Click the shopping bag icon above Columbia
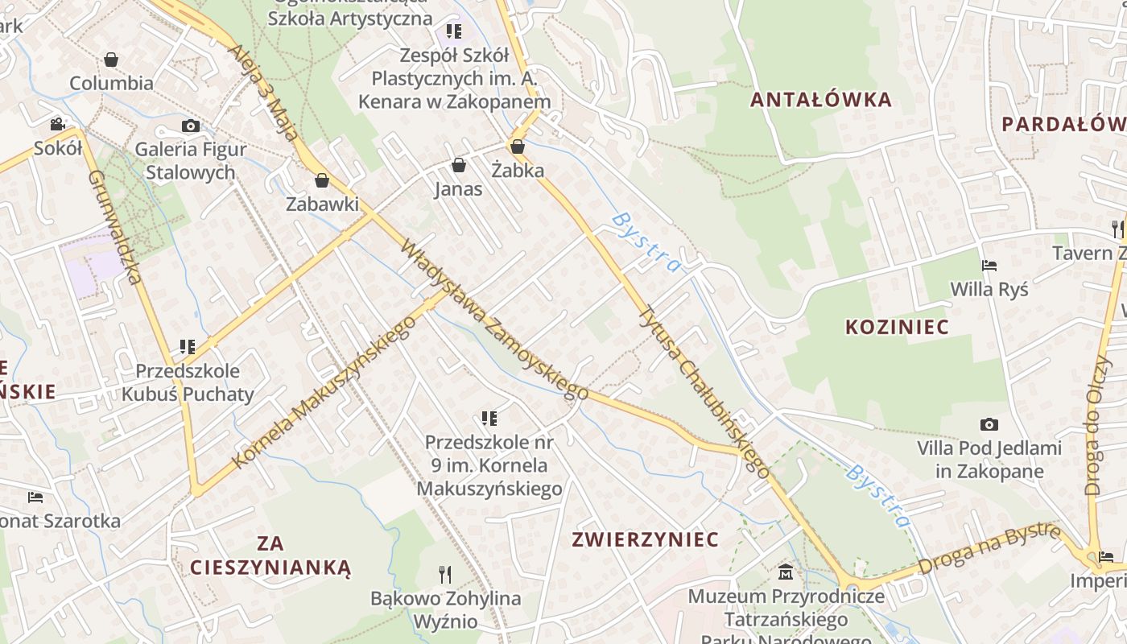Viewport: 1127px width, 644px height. pyautogui.click(x=111, y=60)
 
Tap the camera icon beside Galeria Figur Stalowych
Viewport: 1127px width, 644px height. pyautogui.click(x=191, y=126)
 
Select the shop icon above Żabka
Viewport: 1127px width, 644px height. pyautogui.click(x=518, y=147)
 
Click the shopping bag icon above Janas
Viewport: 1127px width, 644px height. pyautogui.click(x=459, y=165)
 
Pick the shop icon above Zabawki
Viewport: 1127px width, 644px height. pyautogui.click(x=322, y=180)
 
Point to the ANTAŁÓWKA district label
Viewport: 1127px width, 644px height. pyautogui.click(x=821, y=100)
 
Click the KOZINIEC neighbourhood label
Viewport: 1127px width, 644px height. pyautogui.click(x=897, y=327)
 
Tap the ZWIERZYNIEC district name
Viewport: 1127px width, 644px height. pyautogui.click(x=645, y=539)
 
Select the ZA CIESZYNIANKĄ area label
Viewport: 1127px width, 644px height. pyautogui.click(x=271, y=555)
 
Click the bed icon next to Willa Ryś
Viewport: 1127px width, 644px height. pyautogui.click(x=989, y=265)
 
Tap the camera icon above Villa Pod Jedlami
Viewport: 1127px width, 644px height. pyautogui.click(x=989, y=424)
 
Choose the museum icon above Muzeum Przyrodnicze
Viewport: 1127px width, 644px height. pyautogui.click(x=786, y=572)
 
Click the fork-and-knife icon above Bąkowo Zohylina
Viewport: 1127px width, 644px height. pyautogui.click(x=445, y=574)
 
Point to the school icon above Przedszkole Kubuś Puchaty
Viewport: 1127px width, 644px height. pyautogui.click(x=188, y=347)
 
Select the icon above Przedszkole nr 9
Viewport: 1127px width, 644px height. pyautogui.click(x=489, y=418)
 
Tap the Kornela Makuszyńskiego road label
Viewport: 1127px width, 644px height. pyautogui.click(x=324, y=392)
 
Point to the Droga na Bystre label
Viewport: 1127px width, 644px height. pyautogui.click(x=989, y=548)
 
